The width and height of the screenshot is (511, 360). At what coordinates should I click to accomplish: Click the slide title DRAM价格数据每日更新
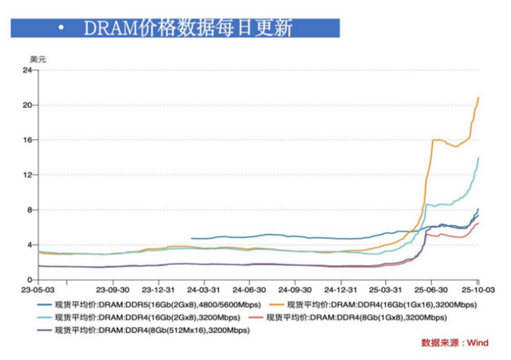188,28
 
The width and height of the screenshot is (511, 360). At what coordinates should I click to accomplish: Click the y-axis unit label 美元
38,59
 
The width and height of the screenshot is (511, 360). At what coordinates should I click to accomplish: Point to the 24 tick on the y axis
26,70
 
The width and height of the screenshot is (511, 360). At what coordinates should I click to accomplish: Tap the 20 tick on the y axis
26,105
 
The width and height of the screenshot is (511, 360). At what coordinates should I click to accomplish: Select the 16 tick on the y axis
26,140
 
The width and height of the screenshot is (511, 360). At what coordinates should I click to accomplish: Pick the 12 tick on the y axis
26,175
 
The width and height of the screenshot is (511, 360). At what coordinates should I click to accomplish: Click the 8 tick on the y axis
29,210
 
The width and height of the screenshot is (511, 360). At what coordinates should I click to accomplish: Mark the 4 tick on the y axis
29,245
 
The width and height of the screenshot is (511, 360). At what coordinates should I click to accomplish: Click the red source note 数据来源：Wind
454,343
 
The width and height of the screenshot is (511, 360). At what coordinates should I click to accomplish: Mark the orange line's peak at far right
478,98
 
